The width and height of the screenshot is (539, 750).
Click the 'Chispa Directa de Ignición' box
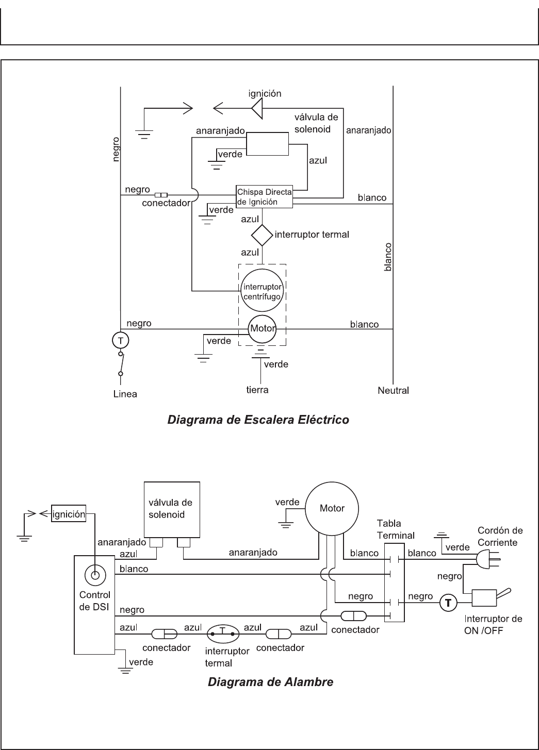pyautogui.click(x=264, y=197)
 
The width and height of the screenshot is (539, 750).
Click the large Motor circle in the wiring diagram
pyautogui.click(x=332, y=508)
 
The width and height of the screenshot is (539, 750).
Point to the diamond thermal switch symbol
pyautogui.click(x=262, y=235)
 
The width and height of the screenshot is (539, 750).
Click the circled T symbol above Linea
pyautogui.click(x=120, y=340)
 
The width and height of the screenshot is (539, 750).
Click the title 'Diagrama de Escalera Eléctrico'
pyautogui.click(x=258, y=420)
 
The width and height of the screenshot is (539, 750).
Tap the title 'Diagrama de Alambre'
pyautogui.click(x=270, y=682)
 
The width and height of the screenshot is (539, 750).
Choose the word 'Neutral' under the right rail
pyautogui.click(x=393, y=390)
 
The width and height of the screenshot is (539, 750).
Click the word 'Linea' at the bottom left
pyautogui.click(x=125, y=394)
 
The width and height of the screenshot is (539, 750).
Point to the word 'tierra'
pyautogui.click(x=257, y=390)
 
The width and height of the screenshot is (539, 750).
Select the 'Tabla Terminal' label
pyautogui.click(x=395, y=528)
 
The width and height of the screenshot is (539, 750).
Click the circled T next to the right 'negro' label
pyautogui.click(x=448, y=602)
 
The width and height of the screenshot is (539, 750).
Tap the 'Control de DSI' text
pyautogui.click(x=94, y=600)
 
